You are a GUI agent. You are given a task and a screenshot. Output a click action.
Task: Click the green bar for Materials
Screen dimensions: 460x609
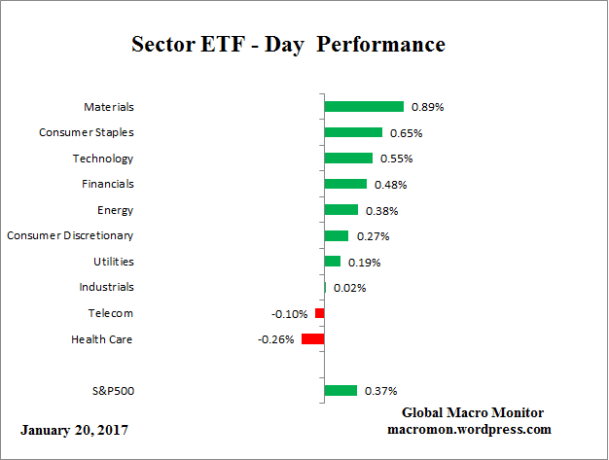pos(363,107)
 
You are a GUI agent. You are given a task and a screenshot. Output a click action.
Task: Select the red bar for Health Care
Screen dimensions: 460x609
pos(312,338)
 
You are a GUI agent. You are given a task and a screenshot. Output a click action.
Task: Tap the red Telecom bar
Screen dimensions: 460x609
pos(319,313)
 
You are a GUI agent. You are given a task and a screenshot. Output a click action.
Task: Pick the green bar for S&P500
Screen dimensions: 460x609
pos(340,391)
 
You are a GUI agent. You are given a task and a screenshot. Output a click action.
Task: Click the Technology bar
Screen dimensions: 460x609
pos(347,159)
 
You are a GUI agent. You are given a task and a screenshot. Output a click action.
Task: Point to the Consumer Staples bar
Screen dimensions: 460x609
pos(352,132)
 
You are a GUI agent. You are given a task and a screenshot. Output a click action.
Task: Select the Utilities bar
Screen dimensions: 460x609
pos(332,262)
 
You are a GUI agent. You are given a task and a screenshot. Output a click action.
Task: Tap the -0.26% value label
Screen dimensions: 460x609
pos(276,339)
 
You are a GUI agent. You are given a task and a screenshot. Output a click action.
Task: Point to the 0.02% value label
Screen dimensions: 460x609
pos(349,288)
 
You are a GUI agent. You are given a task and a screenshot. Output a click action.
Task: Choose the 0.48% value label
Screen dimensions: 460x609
pos(390,185)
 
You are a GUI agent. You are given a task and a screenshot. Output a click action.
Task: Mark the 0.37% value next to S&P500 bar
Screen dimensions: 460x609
pos(380,391)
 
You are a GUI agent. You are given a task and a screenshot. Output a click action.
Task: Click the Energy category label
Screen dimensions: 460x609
pos(115,210)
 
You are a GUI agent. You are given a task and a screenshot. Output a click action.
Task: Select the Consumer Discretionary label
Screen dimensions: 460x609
pos(70,235)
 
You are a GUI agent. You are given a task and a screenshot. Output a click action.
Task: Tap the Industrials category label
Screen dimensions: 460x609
pos(106,287)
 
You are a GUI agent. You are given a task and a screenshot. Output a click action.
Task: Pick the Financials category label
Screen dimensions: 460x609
pos(107,184)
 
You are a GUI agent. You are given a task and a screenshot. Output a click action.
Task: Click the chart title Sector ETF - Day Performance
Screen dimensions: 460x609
pos(287,45)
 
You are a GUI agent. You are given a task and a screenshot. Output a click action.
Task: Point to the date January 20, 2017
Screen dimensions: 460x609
pos(73,429)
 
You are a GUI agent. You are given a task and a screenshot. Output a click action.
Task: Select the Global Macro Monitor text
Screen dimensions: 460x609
pos(473,412)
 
